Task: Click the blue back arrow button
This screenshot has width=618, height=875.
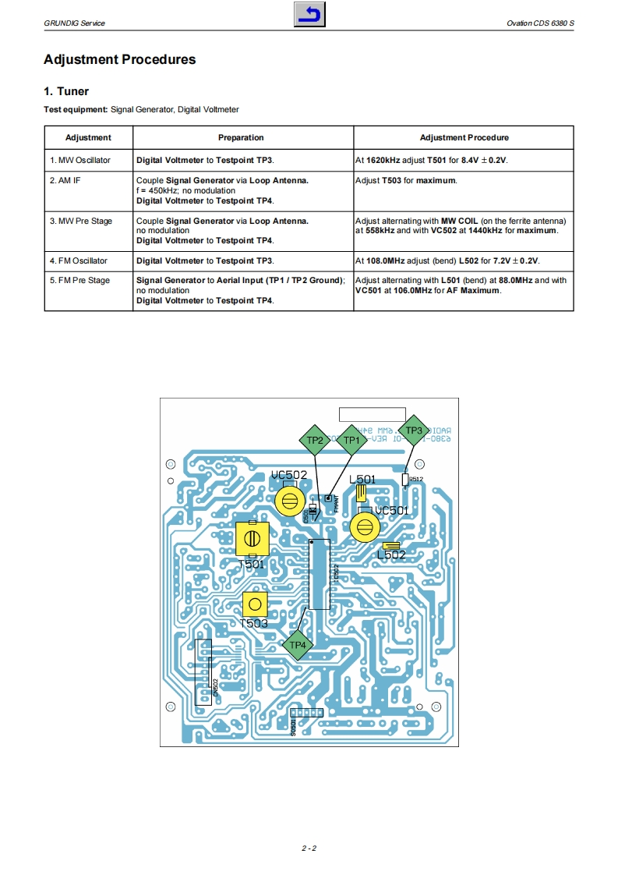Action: [309, 15]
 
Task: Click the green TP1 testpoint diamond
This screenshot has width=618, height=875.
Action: [351, 441]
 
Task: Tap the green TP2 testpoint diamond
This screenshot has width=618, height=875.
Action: [315, 441]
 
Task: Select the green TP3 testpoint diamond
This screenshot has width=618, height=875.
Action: [413, 430]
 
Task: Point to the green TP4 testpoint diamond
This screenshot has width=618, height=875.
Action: [297, 645]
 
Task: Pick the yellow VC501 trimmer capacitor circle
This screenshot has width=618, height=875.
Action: [363, 527]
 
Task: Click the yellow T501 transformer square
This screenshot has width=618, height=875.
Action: [252, 538]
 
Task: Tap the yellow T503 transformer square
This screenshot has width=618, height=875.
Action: [254, 604]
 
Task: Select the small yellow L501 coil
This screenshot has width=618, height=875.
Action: [361, 494]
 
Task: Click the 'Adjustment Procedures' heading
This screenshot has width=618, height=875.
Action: [120, 60]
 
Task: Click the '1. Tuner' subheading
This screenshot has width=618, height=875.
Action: [66, 91]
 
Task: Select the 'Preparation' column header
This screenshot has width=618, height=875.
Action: [241, 138]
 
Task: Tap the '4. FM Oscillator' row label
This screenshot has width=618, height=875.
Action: [79, 260]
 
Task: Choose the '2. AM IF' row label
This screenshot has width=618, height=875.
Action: [65, 181]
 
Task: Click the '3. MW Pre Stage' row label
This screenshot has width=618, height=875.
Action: [81, 221]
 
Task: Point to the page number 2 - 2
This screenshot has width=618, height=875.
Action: [309, 848]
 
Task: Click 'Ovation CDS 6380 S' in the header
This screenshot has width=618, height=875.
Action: [540, 23]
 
